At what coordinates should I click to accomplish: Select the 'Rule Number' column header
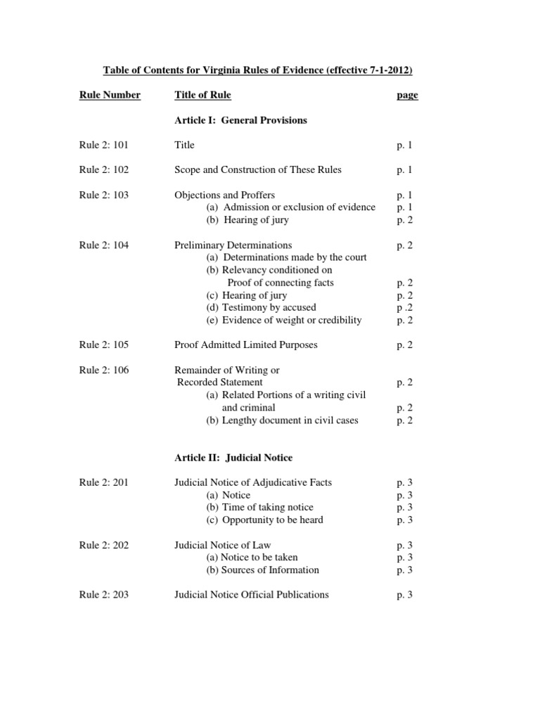[110, 95]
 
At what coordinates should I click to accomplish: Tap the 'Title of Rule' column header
[202, 95]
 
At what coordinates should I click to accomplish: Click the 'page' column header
[407, 96]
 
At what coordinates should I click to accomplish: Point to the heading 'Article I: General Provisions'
[240, 120]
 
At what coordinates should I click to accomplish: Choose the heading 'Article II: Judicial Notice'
[233, 458]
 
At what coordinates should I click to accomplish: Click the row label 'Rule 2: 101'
[104, 145]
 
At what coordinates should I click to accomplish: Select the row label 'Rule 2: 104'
[104, 245]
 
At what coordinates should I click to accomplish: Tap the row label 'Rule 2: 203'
[104, 595]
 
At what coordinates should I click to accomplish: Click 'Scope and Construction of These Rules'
[258, 169]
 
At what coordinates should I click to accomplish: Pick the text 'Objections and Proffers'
[224, 195]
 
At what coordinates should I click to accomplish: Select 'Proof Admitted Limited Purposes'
[246, 345]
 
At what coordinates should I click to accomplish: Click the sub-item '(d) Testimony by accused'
[261, 307]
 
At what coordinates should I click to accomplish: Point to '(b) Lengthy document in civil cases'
[282, 420]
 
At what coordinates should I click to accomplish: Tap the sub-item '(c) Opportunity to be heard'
[264, 520]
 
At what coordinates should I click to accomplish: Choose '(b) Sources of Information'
[262, 570]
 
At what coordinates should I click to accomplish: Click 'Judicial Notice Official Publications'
[251, 595]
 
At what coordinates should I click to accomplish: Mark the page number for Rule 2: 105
[404, 345]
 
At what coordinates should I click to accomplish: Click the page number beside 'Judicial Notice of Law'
[404, 545]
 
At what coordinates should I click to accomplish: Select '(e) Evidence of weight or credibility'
[283, 320]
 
